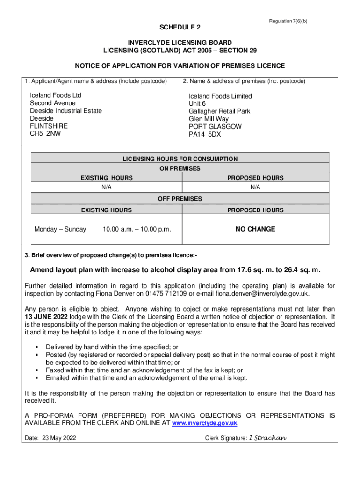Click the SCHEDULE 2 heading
click(180, 27)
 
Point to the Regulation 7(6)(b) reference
click(288, 22)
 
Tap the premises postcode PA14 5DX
click(205, 134)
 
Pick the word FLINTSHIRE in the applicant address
click(49, 126)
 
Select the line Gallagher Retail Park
click(219, 111)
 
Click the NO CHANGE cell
click(255, 229)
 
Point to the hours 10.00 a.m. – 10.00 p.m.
click(137, 229)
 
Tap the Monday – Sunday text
click(60, 229)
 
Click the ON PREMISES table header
click(180, 168)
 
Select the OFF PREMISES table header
click(180, 199)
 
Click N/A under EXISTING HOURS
click(107, 187)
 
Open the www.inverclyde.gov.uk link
click(205, 423)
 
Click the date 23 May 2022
click(59, 438)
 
